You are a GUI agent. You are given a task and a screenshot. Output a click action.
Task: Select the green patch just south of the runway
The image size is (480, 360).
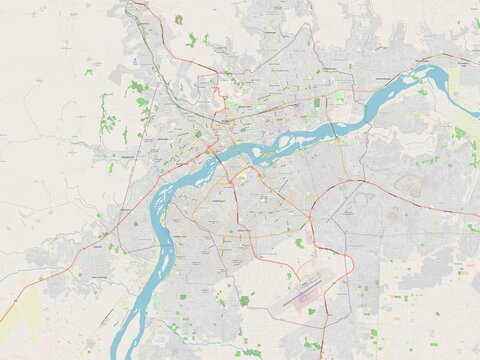(311, 311)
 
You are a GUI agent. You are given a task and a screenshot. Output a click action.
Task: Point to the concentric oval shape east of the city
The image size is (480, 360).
(409, 183)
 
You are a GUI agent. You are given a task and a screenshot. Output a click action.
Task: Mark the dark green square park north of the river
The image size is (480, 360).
(317, 102)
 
